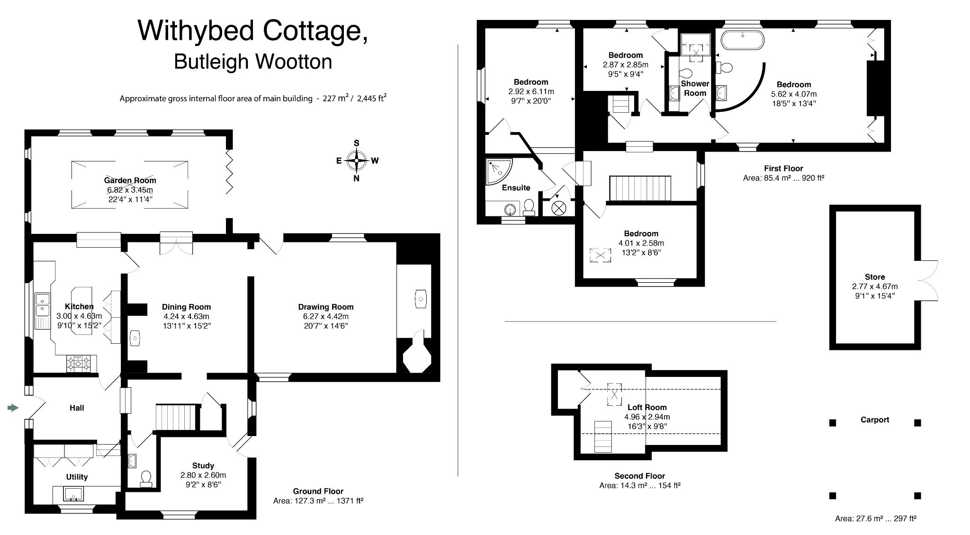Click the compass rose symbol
(x=357, y=160)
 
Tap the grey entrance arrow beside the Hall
(x=13, y=408)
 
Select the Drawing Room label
(x=325, y=307)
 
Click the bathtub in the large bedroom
(x=743, y=40)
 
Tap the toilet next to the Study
(x=146, y=479)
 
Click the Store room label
(x=874, y=277)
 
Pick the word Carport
(x=874, y=419)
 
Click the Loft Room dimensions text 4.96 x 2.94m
(x=647, y=417)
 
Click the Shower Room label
(x=695, y=88)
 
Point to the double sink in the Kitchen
(x=43, y=304)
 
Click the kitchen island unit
(x=81, y=310)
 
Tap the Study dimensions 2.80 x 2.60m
(x=203, y=475)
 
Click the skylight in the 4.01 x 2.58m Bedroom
(x=600, y=255)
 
